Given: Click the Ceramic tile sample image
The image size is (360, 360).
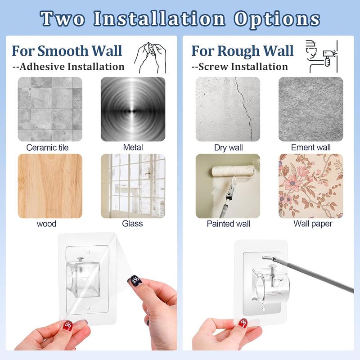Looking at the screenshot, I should point(50,109).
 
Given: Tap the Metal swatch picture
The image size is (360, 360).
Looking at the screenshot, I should point(133,109).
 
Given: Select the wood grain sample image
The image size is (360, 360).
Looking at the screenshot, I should point(50,186).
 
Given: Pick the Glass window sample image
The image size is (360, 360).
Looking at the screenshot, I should point(133,186).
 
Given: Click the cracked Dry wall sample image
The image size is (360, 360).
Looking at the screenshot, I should point(228,109).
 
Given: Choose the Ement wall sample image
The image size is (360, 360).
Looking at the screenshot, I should point(310,109).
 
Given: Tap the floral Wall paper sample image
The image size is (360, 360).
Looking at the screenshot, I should point(310,186).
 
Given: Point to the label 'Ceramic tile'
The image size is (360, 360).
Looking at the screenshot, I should point(48,148).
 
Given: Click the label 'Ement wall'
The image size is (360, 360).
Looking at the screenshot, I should point(310,148).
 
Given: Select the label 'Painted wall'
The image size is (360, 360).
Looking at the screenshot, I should point(228,224).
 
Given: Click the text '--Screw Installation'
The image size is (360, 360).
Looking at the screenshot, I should point(239,67).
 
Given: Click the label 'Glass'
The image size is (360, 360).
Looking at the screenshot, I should point(132,224).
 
